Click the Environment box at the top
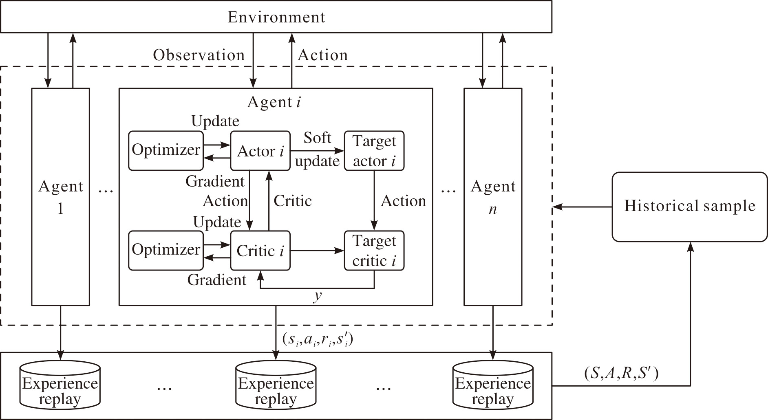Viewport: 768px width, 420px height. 276,17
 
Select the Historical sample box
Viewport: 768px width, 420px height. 690,207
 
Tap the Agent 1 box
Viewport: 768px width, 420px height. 61,197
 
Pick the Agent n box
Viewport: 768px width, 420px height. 493,197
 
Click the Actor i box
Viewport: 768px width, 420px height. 260,151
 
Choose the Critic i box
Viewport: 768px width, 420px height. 260,251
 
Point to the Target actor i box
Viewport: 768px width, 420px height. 374,151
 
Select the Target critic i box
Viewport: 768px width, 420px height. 374,251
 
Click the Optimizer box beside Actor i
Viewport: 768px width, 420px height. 166,151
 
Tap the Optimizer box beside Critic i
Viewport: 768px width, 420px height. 166,251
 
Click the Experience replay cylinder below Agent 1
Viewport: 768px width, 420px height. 60,385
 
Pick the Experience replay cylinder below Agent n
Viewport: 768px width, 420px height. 493,385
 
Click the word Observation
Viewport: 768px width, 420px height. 199,55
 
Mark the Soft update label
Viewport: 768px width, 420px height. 317,150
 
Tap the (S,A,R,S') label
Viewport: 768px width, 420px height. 621,373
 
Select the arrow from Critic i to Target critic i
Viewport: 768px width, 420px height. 318,251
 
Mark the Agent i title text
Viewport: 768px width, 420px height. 274,102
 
